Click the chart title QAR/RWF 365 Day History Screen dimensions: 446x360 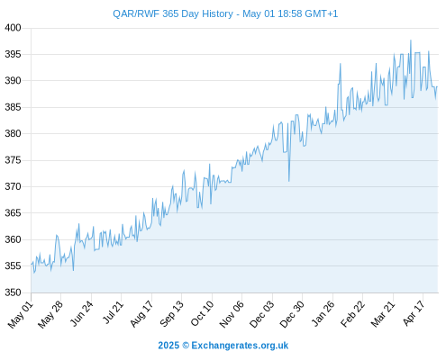(173, 13)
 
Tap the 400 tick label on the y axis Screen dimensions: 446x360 (13, 28)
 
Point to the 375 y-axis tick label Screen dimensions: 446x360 (13, 160)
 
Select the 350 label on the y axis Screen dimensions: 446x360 (13, 292)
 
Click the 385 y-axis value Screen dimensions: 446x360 (13, 107)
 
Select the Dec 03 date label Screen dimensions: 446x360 (262, 314)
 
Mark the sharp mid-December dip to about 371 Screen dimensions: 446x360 (289, 181)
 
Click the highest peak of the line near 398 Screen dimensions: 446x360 (411, 40)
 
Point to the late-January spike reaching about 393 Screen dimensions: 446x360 (341, 64)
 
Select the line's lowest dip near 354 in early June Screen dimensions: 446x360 (73, 270)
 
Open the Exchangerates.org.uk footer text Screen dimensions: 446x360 (240, 346)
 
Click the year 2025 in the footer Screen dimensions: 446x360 (168, 346)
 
